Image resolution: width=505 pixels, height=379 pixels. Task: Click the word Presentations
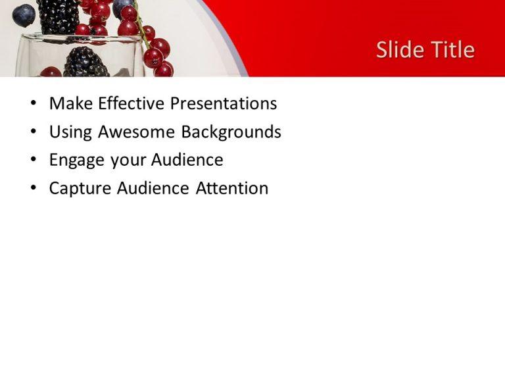coord(224,104)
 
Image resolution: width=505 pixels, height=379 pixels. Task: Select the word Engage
coord(74,161)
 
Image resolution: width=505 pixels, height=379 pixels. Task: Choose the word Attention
coord(232,189)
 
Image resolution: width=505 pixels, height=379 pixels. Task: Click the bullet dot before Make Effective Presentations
coord(34,104)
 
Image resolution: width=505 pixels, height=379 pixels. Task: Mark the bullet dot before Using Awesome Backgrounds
coord(34,132)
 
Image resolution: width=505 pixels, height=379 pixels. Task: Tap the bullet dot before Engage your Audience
coord(34,161)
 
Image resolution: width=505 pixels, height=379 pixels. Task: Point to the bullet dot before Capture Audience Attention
coord(34,189)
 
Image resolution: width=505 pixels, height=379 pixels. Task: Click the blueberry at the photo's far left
coord(24,14)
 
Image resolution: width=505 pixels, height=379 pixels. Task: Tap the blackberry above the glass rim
coord(59,16)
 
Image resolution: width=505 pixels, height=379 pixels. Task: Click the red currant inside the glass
coord(50,71)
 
